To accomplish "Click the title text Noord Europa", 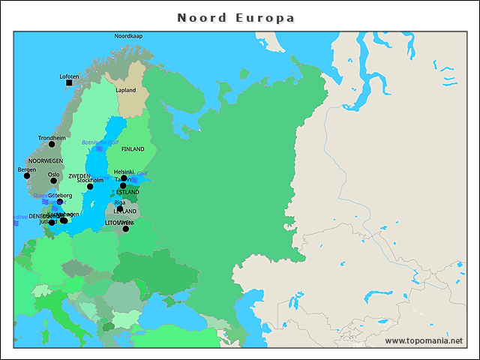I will click(x=235, y=17).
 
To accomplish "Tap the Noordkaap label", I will click(x=127, y=36).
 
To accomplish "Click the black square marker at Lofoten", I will click(x=69, y=83).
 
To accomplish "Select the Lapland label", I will click(x=126, y=90).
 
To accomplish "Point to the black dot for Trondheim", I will click(x=52, y=144).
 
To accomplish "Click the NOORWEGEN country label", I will click(x=46, y=160).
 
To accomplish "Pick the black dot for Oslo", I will click(x=53, y=181).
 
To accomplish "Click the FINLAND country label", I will click(x=133, y=149).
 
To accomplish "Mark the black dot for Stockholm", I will click(x=89, y=186).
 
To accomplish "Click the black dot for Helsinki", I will click(x=124, y=178).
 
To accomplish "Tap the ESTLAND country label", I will click(x=127, y=192).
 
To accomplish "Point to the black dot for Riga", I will click(x=119, y=208).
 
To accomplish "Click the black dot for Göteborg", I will click(x=60, y=202).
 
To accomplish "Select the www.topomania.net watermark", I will click(x=424, y=340).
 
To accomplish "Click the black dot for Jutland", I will click(x=52, y=222).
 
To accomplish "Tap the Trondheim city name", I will click(x=52, y=138).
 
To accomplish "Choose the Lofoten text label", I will click(x=69, y=76).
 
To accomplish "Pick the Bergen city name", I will click(x=26, y=169).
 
